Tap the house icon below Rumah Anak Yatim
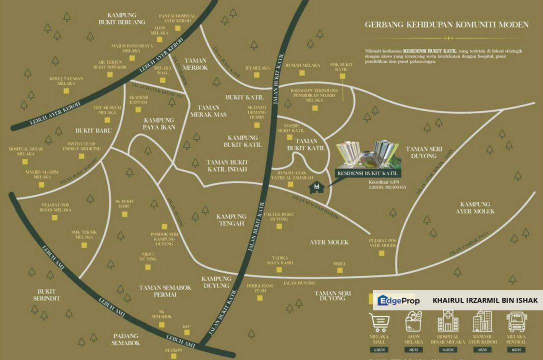pos(317,187)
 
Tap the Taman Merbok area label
pos(195,64)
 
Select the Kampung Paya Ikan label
pos(159,123)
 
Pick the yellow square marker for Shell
pos(340,270)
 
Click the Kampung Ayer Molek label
pos(475,207)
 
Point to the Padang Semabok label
pos(126,339)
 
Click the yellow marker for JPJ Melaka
pos(257,75)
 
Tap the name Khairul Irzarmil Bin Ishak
pos(484,300)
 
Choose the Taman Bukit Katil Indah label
pos(227,166)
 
